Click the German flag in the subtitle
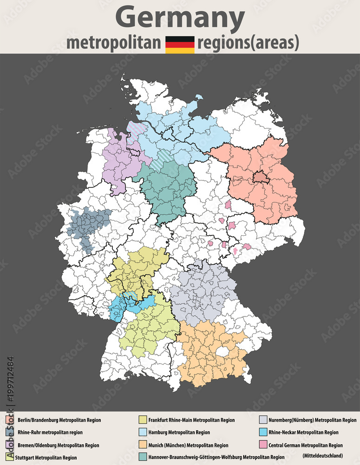[180, 44]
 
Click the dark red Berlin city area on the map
[259, 177]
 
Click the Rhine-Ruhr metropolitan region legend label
[50, 432]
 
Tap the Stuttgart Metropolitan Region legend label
[46, 458]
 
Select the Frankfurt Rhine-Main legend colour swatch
[142, 420]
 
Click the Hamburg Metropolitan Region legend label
[179, 432]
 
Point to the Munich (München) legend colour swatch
[142, 445]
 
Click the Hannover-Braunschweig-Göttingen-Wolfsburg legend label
[216, 458]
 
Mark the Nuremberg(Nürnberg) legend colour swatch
[263, 420]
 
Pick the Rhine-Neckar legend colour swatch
[263, 432]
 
